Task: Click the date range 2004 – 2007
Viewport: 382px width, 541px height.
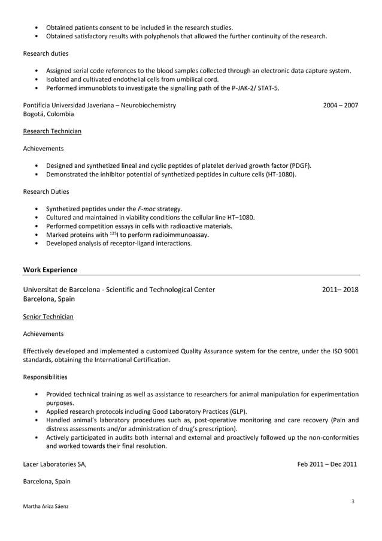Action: click(340, 105)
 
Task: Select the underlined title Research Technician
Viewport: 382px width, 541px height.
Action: click(52, 131)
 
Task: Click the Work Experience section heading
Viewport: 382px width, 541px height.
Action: click(50, 270)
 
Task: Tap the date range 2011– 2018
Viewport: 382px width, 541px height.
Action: click(340, 290)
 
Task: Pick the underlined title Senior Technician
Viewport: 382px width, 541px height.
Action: click(48, 315)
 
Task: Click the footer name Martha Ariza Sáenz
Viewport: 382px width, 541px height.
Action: click(46, 506)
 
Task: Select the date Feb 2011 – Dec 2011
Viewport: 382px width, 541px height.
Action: click(327, 464)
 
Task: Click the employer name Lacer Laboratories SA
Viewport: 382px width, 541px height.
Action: click(54, 464)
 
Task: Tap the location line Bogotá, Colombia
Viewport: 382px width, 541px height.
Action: click(48, 113)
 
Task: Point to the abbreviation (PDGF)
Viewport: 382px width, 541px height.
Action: click(299, 166)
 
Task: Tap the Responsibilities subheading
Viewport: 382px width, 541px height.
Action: click(45, 377)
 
